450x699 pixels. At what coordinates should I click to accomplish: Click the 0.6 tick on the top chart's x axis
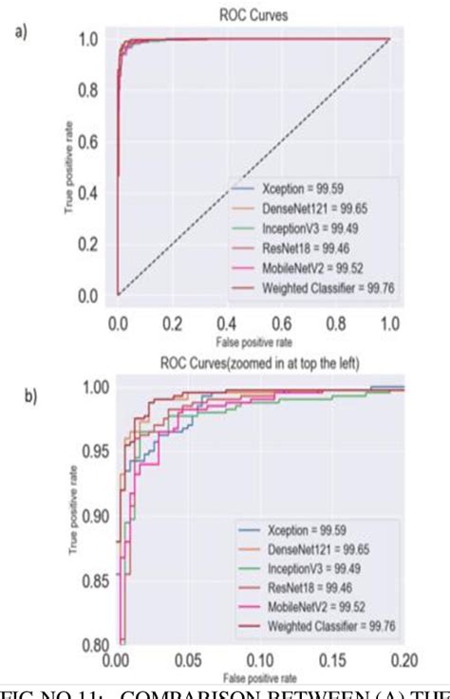pos(281,322)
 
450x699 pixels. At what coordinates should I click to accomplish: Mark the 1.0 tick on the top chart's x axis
pos(389,322)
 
